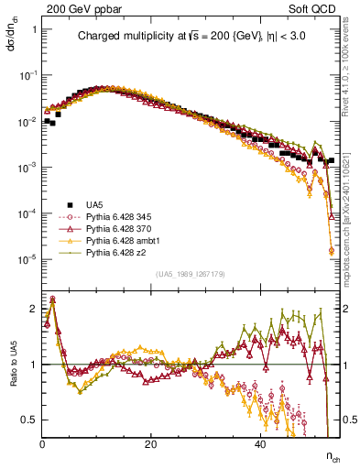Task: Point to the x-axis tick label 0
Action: (43, 442)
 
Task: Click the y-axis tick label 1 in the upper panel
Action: (34, 29)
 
